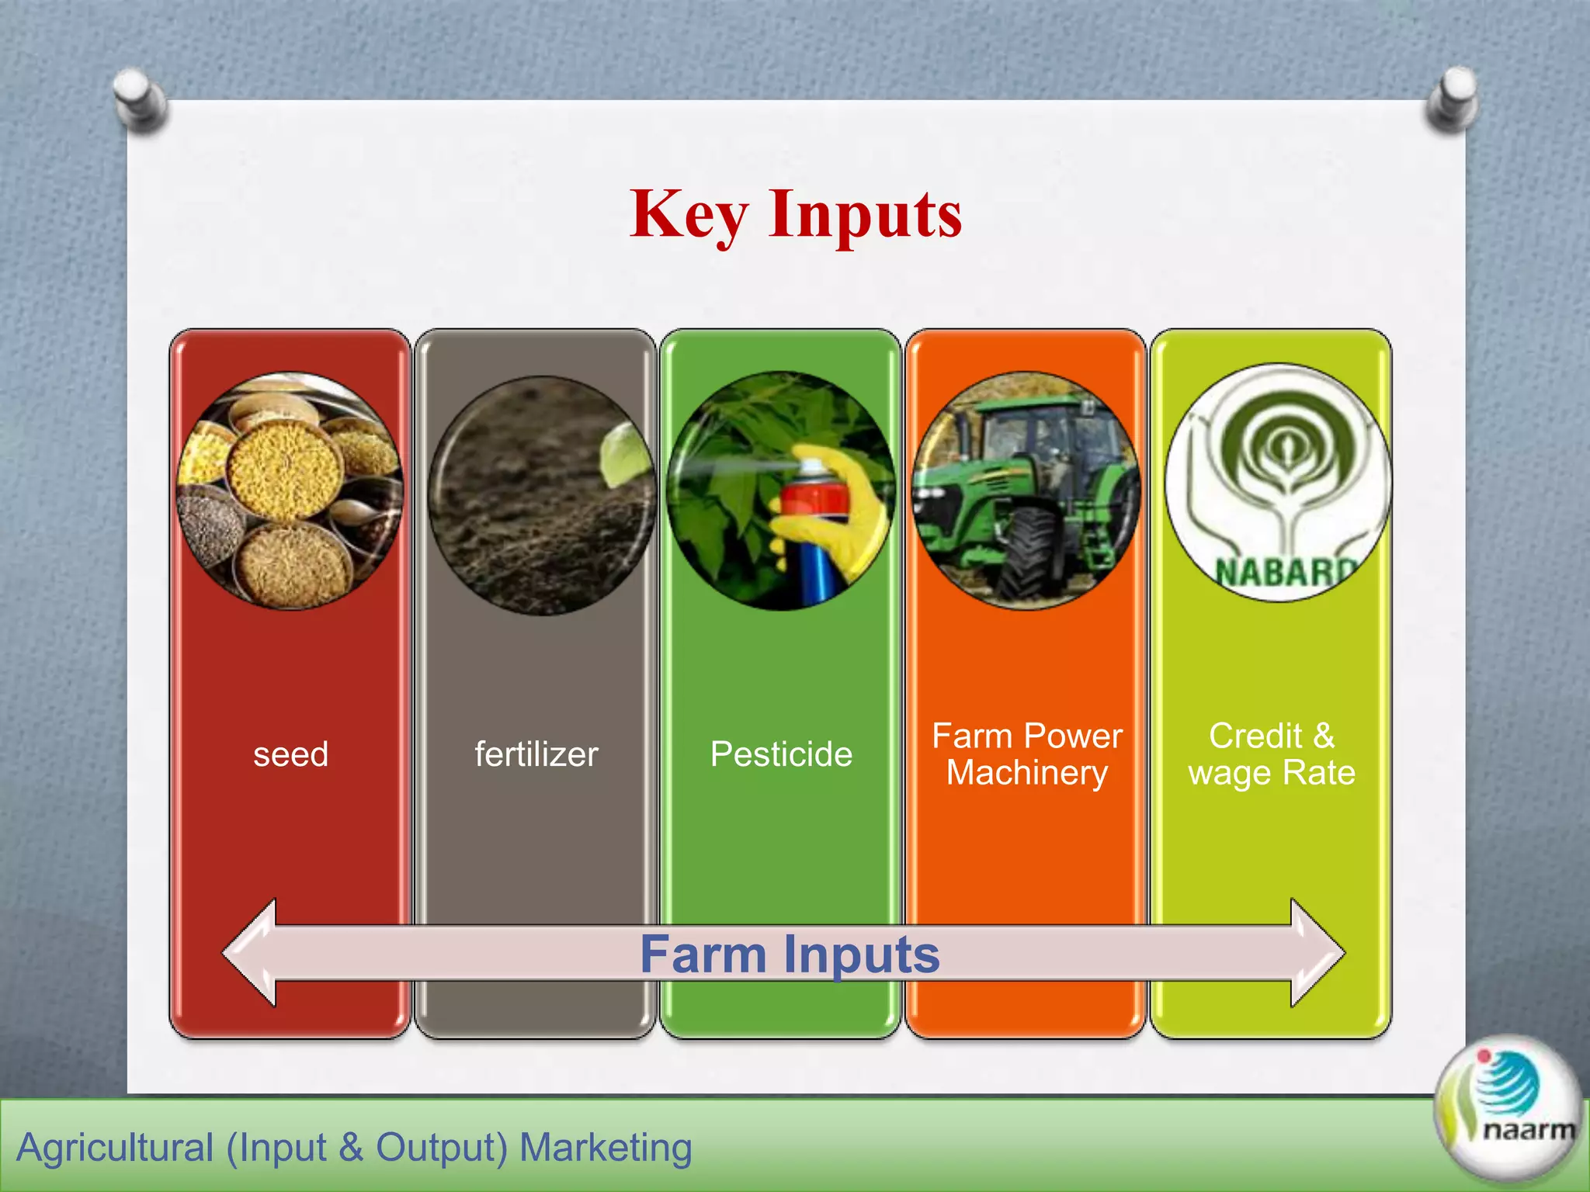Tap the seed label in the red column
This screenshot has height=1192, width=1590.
290,754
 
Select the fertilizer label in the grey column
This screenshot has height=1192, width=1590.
536,754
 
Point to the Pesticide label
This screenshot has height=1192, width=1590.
781,754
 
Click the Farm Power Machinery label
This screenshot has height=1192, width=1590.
1026,754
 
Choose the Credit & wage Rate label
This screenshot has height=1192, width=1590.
1271,754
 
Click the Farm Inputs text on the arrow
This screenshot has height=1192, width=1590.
790,954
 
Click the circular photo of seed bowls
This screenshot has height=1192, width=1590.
290,490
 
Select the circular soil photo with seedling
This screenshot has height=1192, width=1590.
540,497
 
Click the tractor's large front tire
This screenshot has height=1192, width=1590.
1028,551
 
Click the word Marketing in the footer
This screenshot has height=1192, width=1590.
605,1147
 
